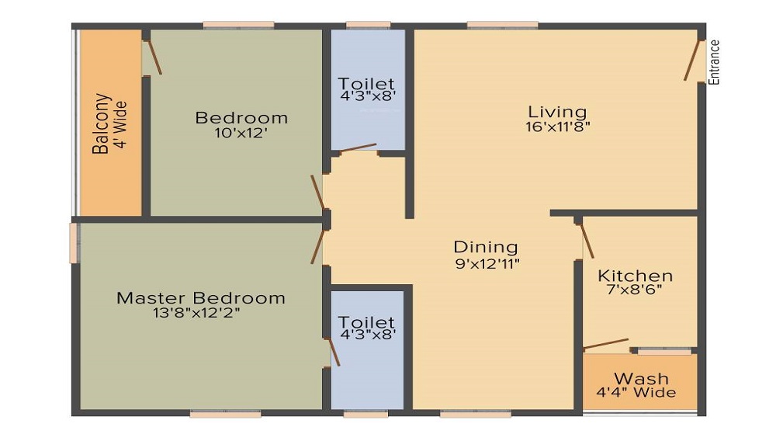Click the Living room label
click(557, 112)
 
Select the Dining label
click(486, 247)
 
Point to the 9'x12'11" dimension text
click(486, 263)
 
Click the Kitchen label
click(635, 276)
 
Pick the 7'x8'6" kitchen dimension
click(635, 291)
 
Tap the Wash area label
click(641, 378)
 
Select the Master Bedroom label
click(200, 298)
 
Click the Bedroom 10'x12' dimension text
click(241, 134)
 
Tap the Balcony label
click(101, 124)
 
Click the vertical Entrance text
click(715, 61)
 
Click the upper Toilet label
click(366, 84)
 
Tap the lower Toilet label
click(366, 322)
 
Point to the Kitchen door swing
click(587, 238)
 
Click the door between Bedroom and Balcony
click(152, 56)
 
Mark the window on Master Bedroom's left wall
click(74, 243)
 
